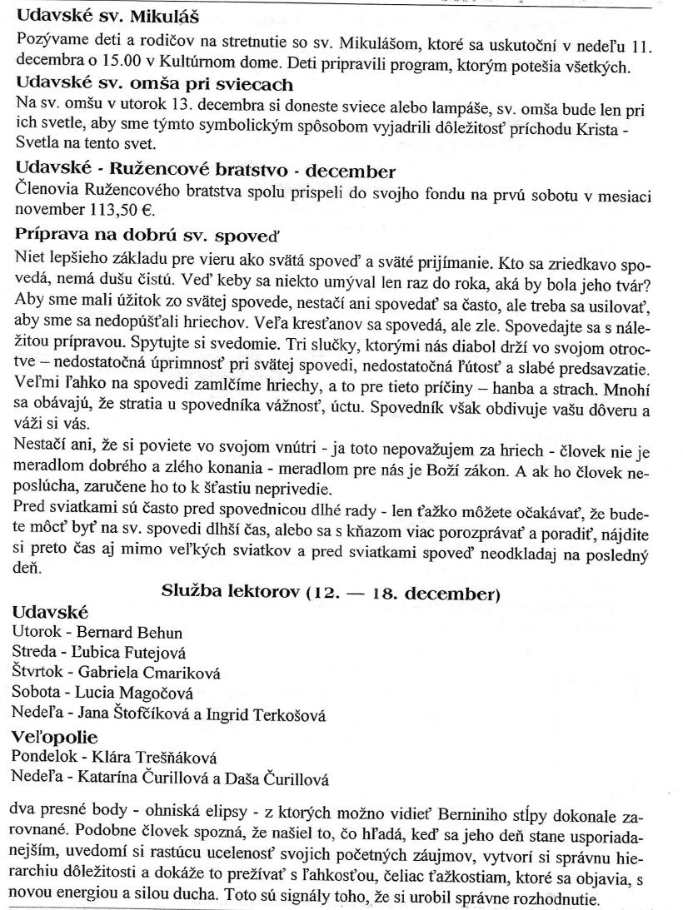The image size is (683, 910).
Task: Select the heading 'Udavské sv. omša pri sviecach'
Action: (x=154, y=84)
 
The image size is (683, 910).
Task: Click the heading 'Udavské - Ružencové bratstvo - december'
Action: (x=206, y=172)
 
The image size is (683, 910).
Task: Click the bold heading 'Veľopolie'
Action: (x=55, y=737)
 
